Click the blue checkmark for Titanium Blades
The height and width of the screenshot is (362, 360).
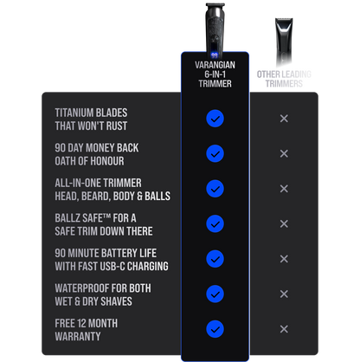(x=215, y=119)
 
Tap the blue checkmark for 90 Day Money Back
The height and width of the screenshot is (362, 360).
(x=215, y=153)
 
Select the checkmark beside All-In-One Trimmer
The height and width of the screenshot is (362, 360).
(x=215, y=189)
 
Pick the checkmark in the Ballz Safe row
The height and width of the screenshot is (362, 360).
(x=215, y=223)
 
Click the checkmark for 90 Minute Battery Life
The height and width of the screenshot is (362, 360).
(x=215, y=259)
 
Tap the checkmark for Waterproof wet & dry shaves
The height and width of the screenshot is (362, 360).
(x=215, y=294)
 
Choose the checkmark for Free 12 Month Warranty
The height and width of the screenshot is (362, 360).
(x=215, y=329)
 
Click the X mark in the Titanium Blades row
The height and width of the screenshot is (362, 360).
(x=284, y=119)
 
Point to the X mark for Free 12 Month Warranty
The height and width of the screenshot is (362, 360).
(x=284, y=329)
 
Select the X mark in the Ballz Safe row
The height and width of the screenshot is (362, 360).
(x=284, y=223)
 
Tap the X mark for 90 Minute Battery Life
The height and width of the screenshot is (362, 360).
(x=284, y=259)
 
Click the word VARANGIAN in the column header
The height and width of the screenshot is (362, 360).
(x=215, y=65)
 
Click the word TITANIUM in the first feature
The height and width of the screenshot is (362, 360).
(x=74, y=113)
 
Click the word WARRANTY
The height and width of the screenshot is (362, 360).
(x=78, y=336)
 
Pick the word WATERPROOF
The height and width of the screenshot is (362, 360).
(x=82, y=288)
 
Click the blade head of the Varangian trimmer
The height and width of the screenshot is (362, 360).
(x=215, y=6)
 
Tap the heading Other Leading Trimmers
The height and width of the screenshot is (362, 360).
(x=284, y=79)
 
